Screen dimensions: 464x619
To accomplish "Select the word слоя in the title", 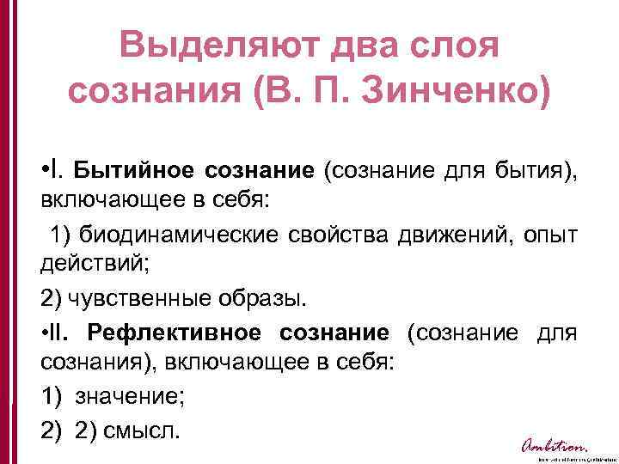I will (x=456, y=46).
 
